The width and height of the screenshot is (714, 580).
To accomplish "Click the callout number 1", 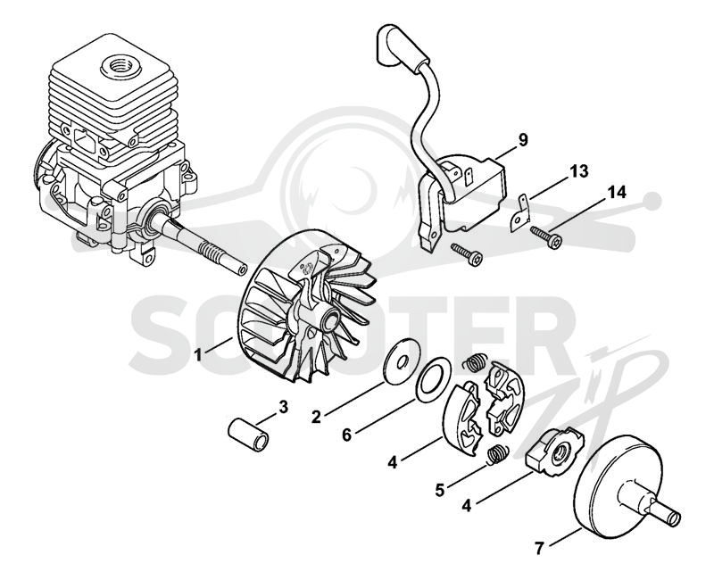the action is [x=198, y=353].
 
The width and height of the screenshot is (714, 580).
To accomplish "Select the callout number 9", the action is [x=523, y=140].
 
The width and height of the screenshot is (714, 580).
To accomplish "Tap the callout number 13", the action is [x=578, y=171].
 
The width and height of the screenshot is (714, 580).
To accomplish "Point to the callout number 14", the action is [x=616, y=192].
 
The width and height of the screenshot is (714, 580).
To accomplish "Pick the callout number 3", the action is [x=283, y=407].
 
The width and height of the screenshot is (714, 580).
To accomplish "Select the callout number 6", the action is [x=347, y=435].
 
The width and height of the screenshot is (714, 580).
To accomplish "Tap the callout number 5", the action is [x=439, y=491].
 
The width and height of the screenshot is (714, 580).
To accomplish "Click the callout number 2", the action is [x=316, y=416].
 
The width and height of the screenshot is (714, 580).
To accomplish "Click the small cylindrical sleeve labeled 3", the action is [x=249, y=435].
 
